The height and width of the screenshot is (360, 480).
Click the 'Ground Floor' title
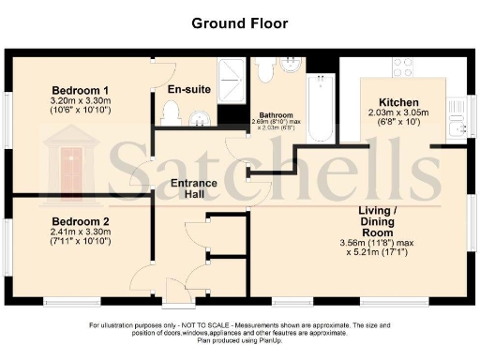click(240, 22)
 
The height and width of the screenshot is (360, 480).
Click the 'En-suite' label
click(187, 89)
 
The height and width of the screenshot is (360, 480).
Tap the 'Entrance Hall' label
click(194, 187)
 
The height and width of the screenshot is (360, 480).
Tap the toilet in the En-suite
click(171, 113)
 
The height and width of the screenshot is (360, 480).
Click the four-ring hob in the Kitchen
click(404, 68)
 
